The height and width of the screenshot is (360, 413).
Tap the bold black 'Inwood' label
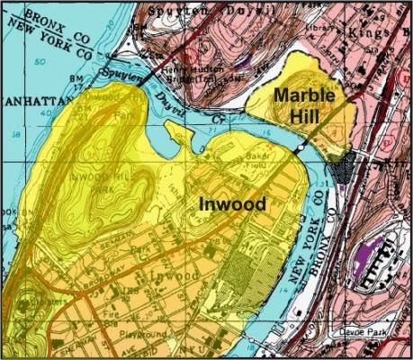tap(233, 204)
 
